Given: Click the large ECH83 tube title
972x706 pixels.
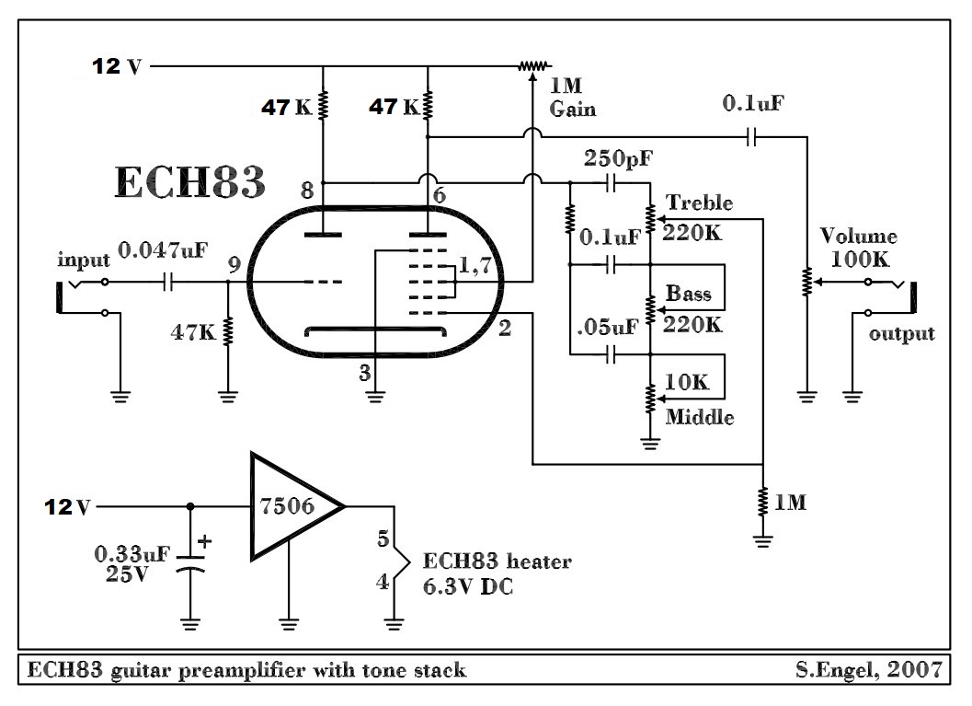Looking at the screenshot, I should [x=190, y=182].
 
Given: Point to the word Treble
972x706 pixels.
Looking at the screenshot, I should [x=700, y=203].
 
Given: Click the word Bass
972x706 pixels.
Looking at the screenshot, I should [x=689, y=295].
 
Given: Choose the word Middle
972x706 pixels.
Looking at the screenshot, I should [x=700, y=417].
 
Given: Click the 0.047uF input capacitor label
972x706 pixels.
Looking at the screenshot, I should [x=165, y=250].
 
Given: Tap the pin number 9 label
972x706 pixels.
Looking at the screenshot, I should [x=234, y=266].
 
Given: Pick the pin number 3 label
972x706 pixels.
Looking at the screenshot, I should [x=364, y=373].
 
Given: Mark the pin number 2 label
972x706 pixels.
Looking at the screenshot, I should [x=505, y=328].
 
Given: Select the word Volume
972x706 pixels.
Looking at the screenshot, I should [x=858, y=237].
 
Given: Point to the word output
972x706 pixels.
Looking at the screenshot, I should [x=902, y=333].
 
